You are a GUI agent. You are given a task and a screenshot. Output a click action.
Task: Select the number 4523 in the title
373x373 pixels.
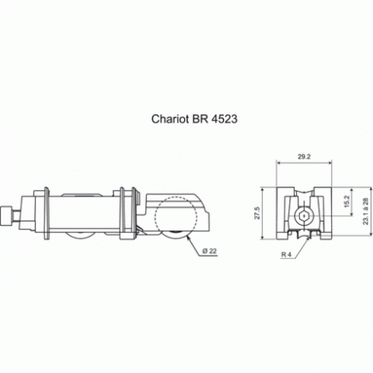pyautogui.click(x=224, y=119)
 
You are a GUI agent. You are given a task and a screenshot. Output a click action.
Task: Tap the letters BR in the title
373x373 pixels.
pyautogui.click(x=200, y=119)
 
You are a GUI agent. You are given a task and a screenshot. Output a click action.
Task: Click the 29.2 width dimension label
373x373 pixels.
pyautogui.click(x=304, y=157)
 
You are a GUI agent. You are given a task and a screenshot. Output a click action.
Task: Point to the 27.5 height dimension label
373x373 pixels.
pyautogui.click(x=258, y=213)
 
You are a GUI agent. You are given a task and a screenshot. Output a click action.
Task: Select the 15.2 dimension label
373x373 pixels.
pyautogui.click(x=347, y=201)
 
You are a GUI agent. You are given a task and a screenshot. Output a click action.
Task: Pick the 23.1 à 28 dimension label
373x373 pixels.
pyautogui.click(x=366, y=212)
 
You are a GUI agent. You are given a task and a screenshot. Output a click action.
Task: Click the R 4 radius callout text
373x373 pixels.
pyautogui.click(x=286, y=255)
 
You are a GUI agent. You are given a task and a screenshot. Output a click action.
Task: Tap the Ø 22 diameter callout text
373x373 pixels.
pyautogui.click(x=209, y=251)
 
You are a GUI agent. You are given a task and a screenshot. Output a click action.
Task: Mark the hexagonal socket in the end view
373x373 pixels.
pyautogui.click(x=304, y=216)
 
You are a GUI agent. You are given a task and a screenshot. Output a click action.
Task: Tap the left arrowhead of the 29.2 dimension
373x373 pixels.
pyautogui.click(x=279, y=163)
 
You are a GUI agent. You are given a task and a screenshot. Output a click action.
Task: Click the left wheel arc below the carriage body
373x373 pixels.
pyautogui.click(x=80, y=236)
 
